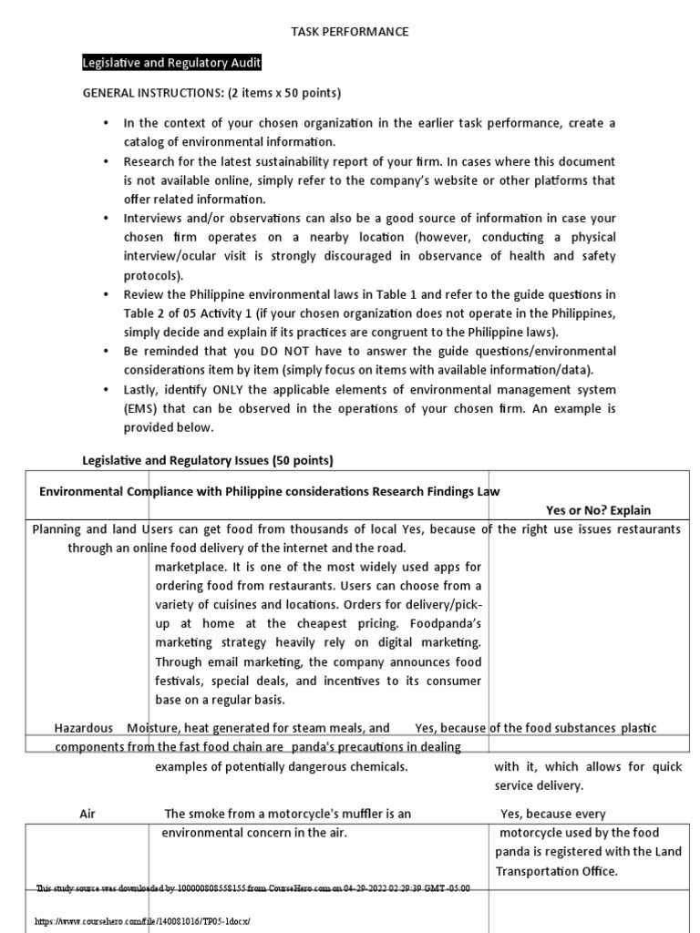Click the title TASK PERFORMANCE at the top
[x=350, y=32]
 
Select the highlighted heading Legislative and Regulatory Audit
[x=172, y=62]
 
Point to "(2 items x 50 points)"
[x=277, y=93]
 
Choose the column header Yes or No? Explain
[x=598, y=510]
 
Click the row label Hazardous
[x=84, y=728]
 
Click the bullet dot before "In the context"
[x=106, y=123]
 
